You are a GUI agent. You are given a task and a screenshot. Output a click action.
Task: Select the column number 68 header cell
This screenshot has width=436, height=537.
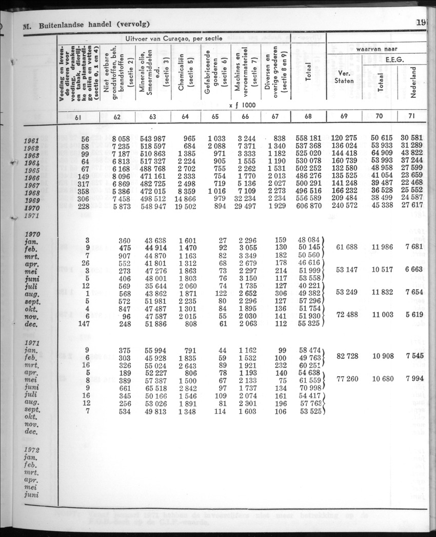click(308, 116)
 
